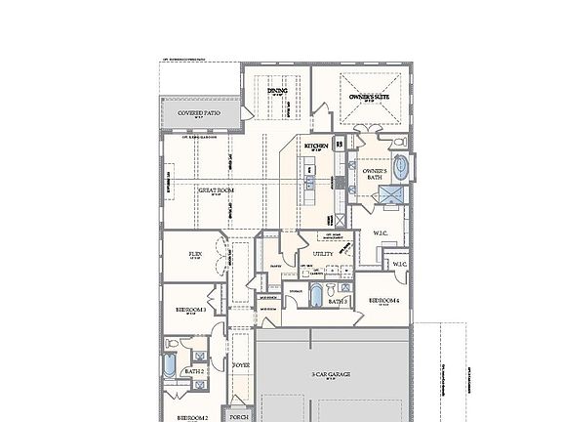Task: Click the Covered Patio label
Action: pos(198,113)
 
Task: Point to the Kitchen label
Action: pos(315,147)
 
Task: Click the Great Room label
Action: pos(216,190)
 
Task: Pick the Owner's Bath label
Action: pos(376,174)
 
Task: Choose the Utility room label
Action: pos(323,254)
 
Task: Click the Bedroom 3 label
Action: pos(190,309)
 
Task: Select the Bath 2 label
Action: pos(193,371)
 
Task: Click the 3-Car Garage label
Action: pos(331,374)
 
